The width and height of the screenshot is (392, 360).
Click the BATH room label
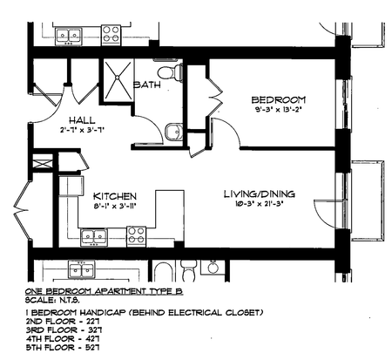[x=147, y=85]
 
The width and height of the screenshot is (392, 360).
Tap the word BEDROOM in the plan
[x=279, y=99]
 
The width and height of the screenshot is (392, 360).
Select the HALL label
[x=82, y=120]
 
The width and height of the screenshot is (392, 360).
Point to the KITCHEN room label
[x=115, y=196]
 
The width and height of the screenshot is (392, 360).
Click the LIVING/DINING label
[x=260, y=194]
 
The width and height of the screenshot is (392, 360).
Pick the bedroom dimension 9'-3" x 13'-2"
[x=278, y=110]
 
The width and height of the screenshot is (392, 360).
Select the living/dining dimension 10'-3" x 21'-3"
[x=260, y=204]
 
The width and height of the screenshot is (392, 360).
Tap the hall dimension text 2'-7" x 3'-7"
[x=82, y=130]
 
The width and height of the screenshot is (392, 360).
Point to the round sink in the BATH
[x=173, y=132]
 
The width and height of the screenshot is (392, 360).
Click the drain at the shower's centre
[x=117, y=78]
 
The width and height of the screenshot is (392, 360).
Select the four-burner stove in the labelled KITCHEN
[x=136, y=235]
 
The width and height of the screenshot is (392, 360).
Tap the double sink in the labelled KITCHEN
[x=94, y=236]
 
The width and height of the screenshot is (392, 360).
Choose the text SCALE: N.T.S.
[x=52, y=300]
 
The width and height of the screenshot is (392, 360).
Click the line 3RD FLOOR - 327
[x=64, y=330]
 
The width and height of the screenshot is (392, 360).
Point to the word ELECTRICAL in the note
[x=195, y=313]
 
